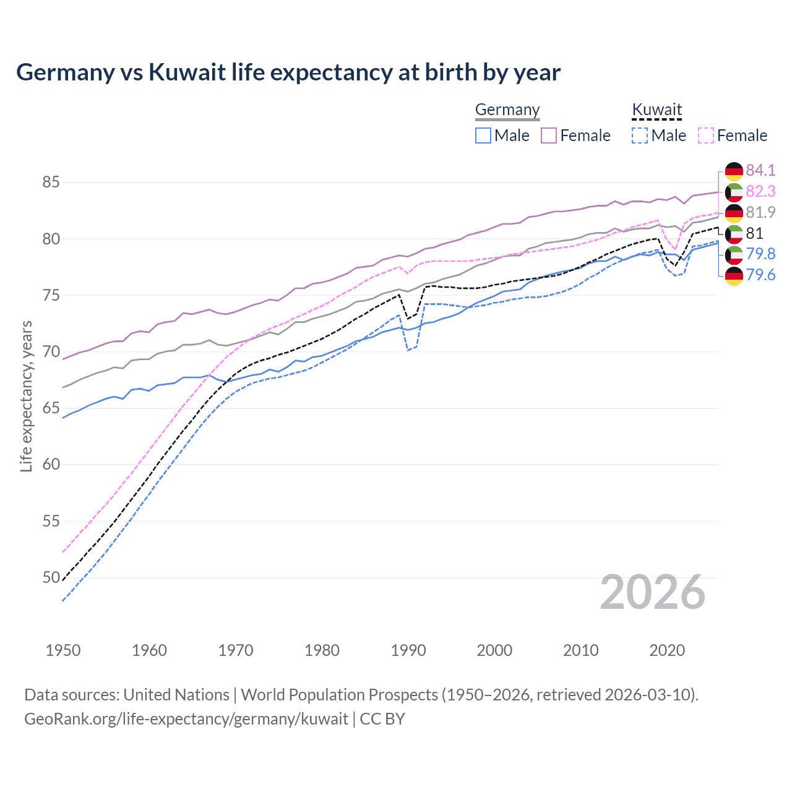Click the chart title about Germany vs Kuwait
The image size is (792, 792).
(x=288, y=72)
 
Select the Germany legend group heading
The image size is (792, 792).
(x=507, y=110)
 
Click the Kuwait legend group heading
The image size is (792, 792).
(x=656, y=110)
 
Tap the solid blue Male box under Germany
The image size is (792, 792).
(x=483, y=136)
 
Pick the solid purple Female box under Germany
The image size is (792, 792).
(x=549, y=136)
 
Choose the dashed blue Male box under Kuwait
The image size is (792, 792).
(x=640, y=136)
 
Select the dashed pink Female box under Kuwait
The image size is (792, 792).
(x=706, y=136)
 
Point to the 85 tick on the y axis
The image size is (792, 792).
(x=51, y=183)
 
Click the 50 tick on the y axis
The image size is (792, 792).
(x=51, y=578)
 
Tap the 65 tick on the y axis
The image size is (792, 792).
(x=51, y=408)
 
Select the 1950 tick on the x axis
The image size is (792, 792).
(x=63, y=650)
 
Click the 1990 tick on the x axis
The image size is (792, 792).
(x=408, y=650)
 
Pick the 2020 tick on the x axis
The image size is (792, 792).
(x=667, y=650)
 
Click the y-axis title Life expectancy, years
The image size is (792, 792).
(x=27, y=396)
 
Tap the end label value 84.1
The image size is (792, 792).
(x=760, y=170)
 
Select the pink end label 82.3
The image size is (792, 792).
(x=760, y=191)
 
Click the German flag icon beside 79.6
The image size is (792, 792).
(x=734, y=275)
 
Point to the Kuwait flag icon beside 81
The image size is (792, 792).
(x=734, y=233)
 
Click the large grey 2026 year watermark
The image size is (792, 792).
(x=652, y=592)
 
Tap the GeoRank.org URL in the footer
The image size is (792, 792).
(x=186, y=719)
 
